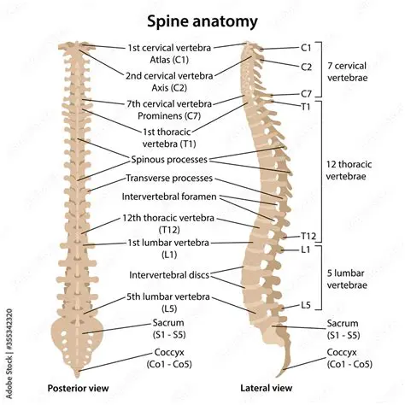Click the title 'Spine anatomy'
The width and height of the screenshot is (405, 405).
point(202,18)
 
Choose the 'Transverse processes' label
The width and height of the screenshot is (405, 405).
point(173,179)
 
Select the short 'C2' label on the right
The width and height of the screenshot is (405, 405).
point(306,65)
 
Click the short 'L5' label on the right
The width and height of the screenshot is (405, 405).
point(306,304)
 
